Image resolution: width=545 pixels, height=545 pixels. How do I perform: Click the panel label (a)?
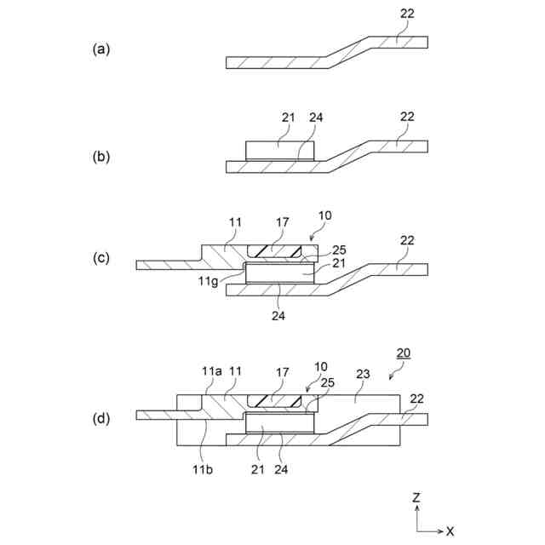pyautogui.click(x=101, y=49)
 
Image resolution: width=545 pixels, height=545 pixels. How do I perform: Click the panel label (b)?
pyautogui.click(x=101, y=157)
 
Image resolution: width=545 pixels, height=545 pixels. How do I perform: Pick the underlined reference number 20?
pyautogui.click(x=404, y=353)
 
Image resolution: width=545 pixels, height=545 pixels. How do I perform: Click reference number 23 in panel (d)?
pyautogui.click(x=363, y=372)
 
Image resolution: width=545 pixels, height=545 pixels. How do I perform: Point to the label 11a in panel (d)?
pyautogui.click(x=211, y=372)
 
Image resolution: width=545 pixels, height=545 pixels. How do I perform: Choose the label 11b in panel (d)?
pyautogui.click(x=202, y=466)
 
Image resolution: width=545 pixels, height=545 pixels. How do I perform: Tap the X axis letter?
pyautogui.click(x=450, y=531)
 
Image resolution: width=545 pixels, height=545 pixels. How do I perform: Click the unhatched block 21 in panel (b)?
pyautogui.click(x=279, y=150)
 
